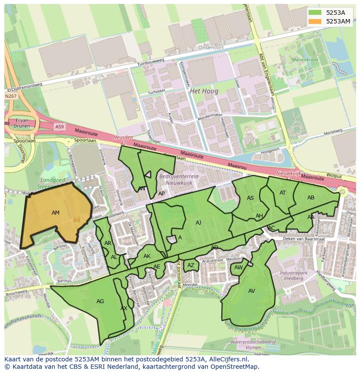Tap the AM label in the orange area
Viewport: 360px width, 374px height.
[x=56, y=213]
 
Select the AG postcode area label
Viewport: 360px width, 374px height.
[x=100, y=301]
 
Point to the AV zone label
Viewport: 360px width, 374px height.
[x=252, y=291]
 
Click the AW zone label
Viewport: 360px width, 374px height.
[x=238, y=268]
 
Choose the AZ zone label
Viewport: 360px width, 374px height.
[x=191, y=265]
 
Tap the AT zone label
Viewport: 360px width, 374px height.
[x=283, y=193]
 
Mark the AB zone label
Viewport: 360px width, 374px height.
[x=311, y=198]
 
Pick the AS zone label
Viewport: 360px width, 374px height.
[x=250, y=198]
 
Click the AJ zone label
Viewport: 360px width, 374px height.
[x=198, y=223]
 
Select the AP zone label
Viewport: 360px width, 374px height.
[x=161, y=194]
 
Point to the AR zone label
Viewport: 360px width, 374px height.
[x=108, y=243]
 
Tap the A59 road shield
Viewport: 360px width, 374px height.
[x=59, y=126]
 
